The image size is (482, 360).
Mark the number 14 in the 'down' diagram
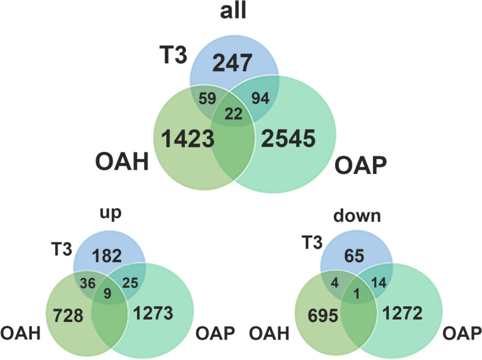point(379,284)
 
